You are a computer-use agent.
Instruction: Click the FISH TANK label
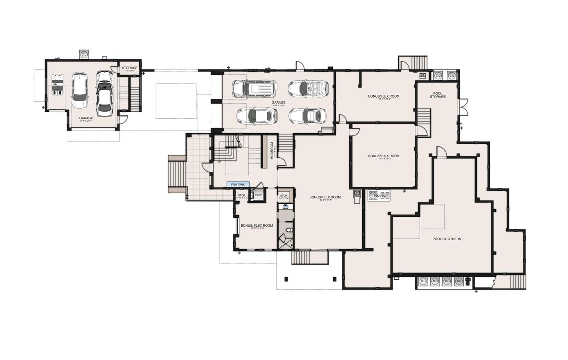click(x=237, y=184)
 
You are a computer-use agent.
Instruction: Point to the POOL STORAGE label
click(x=438, y=95)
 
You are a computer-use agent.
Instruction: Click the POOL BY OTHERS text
click(x=446, y=239)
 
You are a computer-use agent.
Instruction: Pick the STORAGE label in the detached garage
click(x=129, y=68)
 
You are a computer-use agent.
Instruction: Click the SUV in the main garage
click(x=255, y=88)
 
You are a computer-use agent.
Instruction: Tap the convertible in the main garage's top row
click(x=308, y=89)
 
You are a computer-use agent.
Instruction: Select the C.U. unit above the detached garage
click(x=84, y=54)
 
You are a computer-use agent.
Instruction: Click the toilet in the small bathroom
click(x=288, y=230)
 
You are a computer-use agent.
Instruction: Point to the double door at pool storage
click(x=464, y=107)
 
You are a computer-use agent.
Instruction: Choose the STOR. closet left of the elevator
click(x=242, y=196)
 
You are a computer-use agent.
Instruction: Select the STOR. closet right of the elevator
click(x=284, y=196)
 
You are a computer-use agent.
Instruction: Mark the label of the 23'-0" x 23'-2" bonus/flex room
click(x=384, y=156)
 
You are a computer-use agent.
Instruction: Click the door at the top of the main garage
click(x=299, y=66)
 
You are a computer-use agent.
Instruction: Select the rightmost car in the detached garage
click(x=104, y=93)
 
